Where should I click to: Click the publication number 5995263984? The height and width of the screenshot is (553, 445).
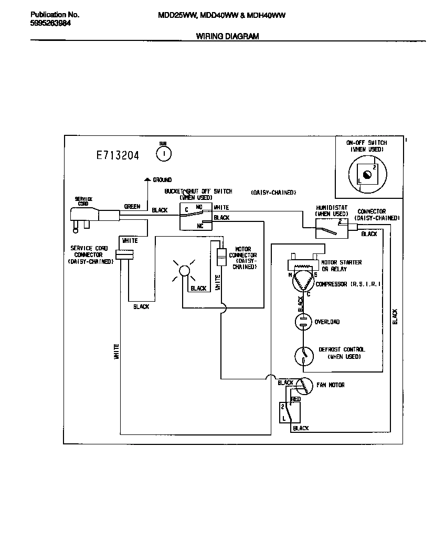(51, 23)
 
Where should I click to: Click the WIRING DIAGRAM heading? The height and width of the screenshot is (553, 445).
(227, 36)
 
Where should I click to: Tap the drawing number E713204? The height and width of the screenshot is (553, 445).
(118, 155)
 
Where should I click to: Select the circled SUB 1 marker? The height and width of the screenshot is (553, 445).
(164, 153)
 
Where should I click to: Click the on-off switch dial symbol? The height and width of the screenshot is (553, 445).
(366, 175)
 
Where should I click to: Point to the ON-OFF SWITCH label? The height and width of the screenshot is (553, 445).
(366, 143)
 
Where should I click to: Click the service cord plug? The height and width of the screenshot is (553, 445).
(86, 217)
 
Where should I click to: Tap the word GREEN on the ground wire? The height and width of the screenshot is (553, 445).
(132, 207)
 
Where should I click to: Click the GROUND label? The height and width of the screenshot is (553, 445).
(162, 180)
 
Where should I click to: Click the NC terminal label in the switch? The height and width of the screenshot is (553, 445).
(200, 226)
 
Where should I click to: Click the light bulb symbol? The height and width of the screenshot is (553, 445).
(184, 271)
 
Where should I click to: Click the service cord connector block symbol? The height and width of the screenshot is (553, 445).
(125, 254)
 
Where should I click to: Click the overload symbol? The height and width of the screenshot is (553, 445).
(303, 322)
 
